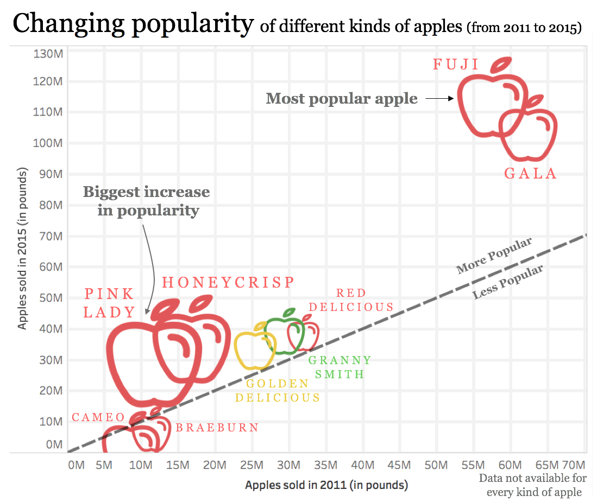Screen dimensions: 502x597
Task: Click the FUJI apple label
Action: tap(456, 65)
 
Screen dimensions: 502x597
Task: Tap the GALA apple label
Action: tap(531, 174)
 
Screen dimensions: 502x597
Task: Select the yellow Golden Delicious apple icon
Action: tap(254, 348)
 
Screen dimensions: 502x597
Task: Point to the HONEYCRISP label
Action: tap(228, 282)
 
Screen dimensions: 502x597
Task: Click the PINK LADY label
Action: tap(110, 303)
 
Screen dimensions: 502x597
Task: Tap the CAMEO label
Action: tap(98, 418)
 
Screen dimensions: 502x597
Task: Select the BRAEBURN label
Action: tap(217, 428)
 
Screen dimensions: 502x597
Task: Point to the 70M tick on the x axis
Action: tap(572, 466)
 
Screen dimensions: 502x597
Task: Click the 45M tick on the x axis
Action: tap(399, 466)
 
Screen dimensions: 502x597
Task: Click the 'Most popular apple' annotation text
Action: tap(342, 99)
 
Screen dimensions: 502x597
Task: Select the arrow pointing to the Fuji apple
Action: tap(439, 99)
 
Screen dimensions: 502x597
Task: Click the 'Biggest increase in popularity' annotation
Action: tap(147, 201)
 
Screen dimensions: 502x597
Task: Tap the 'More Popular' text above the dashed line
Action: tap(493, 256)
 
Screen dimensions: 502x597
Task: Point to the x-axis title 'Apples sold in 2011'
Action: tap(326, 485)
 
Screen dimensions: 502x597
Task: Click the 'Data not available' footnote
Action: tap(533, 485)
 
